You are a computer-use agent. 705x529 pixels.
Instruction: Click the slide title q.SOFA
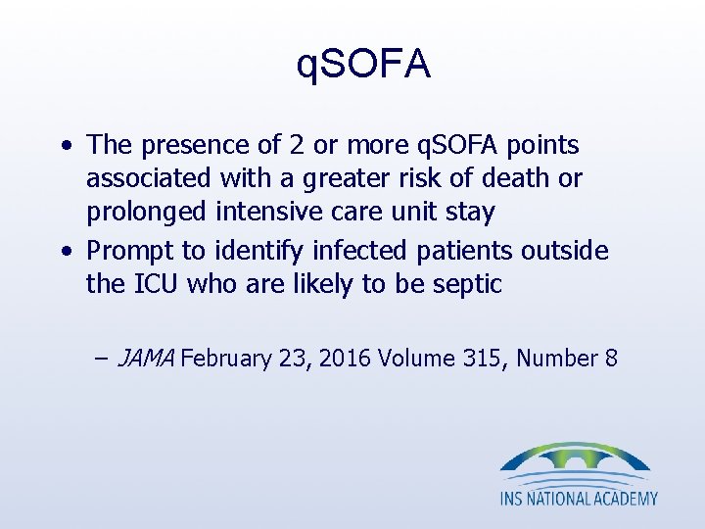point(362,65)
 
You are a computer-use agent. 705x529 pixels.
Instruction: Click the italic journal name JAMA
point(145,358)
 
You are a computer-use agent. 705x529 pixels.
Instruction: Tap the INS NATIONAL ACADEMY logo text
point(579,499)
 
